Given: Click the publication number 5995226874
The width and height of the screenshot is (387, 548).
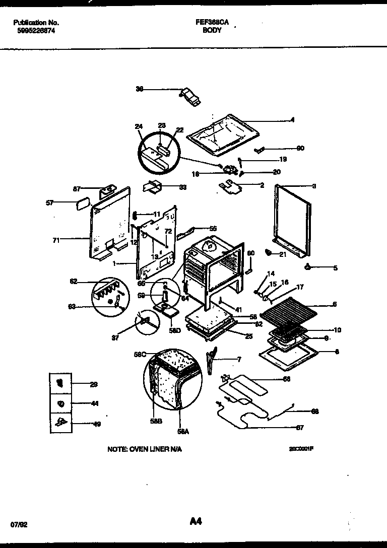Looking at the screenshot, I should (34, 30).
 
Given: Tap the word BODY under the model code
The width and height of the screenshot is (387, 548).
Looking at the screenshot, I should (212, 30).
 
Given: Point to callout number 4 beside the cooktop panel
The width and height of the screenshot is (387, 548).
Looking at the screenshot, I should (292, 120).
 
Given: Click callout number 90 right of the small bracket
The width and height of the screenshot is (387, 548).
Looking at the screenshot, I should (301, 148).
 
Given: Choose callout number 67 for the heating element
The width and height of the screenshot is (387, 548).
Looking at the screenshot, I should (299, 428).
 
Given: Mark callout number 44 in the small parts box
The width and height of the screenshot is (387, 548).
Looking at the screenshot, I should (95, 403).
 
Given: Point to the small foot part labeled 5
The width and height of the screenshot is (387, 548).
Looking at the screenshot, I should (307, 266).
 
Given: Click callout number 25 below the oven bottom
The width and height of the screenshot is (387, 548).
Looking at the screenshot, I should (248, 336).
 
